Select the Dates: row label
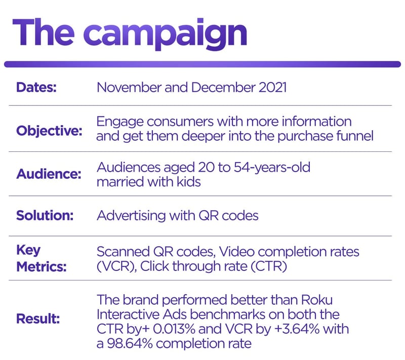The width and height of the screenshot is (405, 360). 36,87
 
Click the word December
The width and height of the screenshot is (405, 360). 217,87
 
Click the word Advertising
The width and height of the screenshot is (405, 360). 131,216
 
